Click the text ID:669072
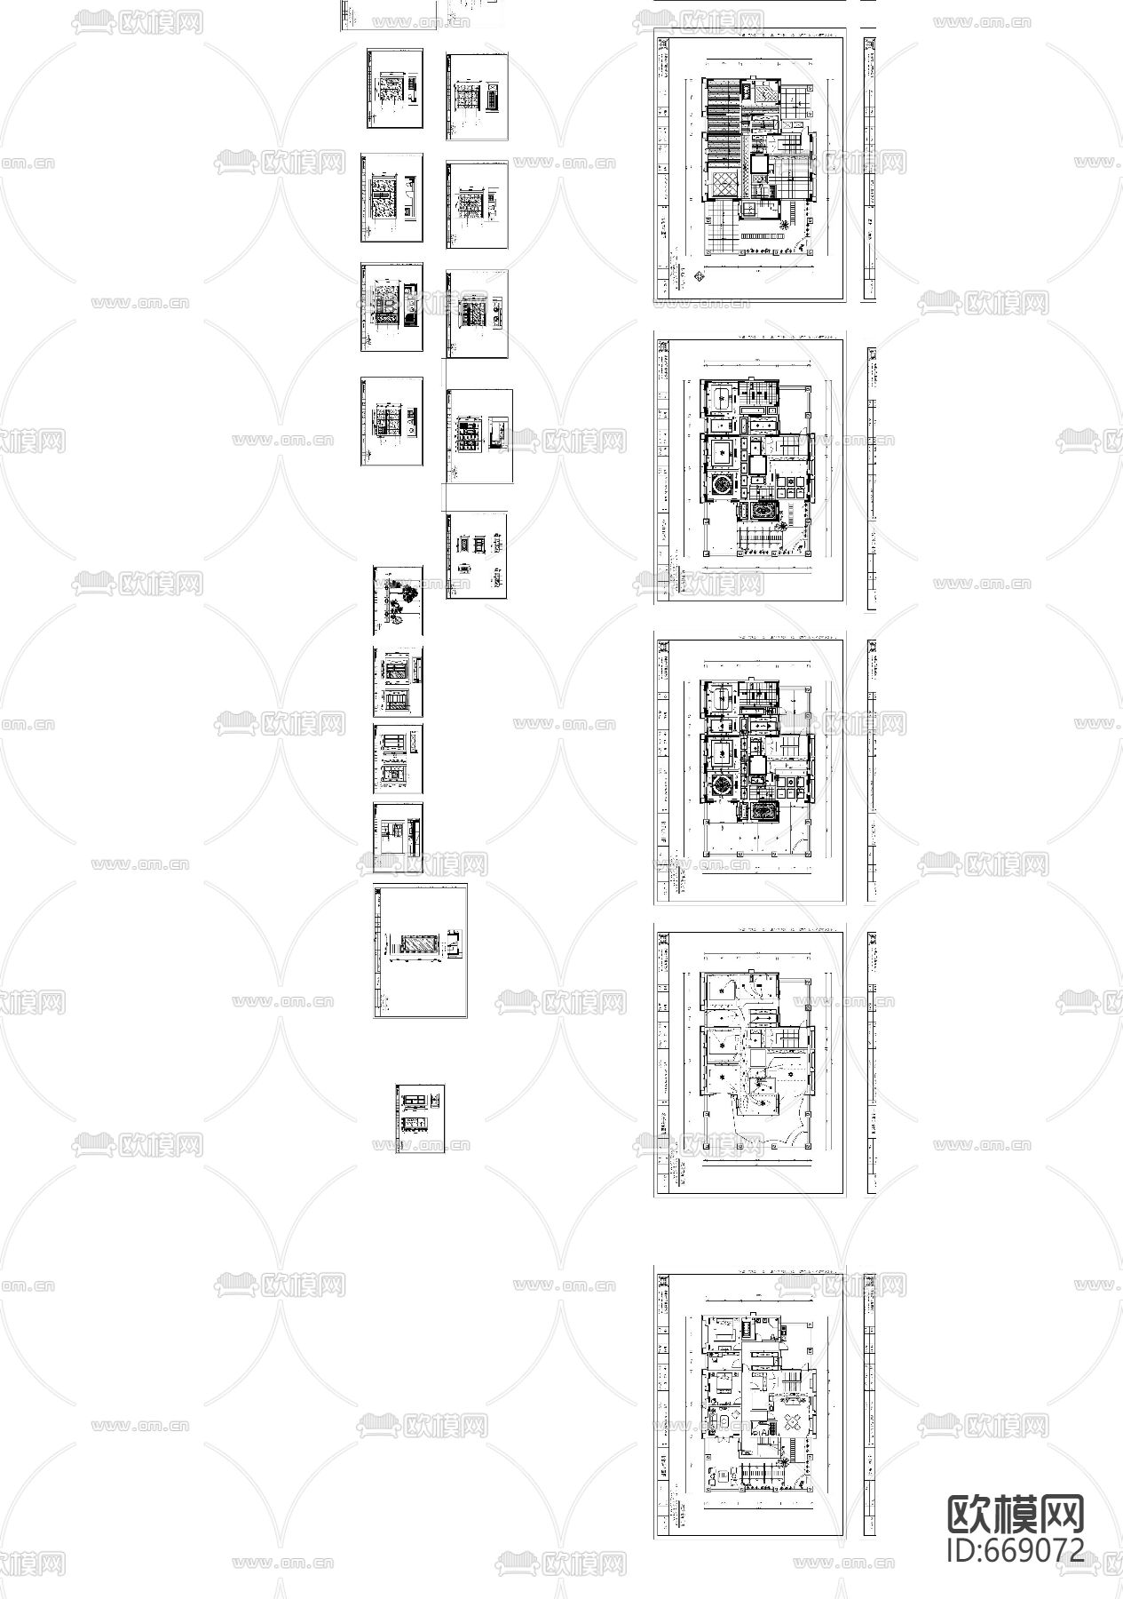[1016, 1548]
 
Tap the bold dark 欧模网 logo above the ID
[1016, 1513]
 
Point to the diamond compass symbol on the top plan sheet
[699, 276]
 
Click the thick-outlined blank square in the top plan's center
[760, 163]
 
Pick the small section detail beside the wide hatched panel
[454, 943]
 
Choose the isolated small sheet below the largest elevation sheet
[420, 1118]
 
